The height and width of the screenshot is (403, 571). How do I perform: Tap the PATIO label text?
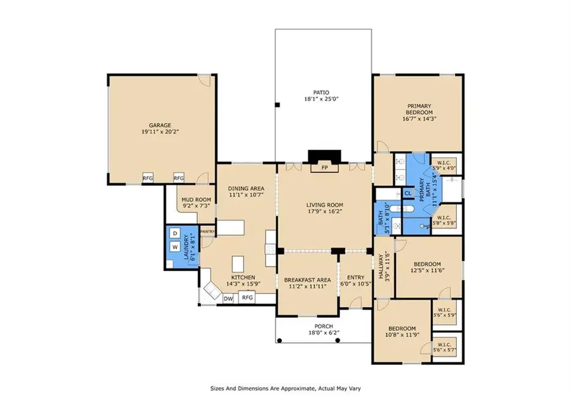coord(324,93)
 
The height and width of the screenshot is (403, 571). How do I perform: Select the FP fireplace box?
coord(324,168)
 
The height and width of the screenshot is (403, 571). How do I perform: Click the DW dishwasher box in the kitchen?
coord(228,297)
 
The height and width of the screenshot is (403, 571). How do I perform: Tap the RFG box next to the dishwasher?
coord(247,297)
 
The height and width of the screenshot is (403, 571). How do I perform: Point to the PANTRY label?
coord(208,232)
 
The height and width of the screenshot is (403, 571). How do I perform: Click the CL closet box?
coord(408,193)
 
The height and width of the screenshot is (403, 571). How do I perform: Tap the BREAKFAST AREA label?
coord(306,280)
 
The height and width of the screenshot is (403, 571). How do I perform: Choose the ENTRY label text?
coord(355,277)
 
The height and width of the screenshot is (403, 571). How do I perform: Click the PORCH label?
coord(324,327)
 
